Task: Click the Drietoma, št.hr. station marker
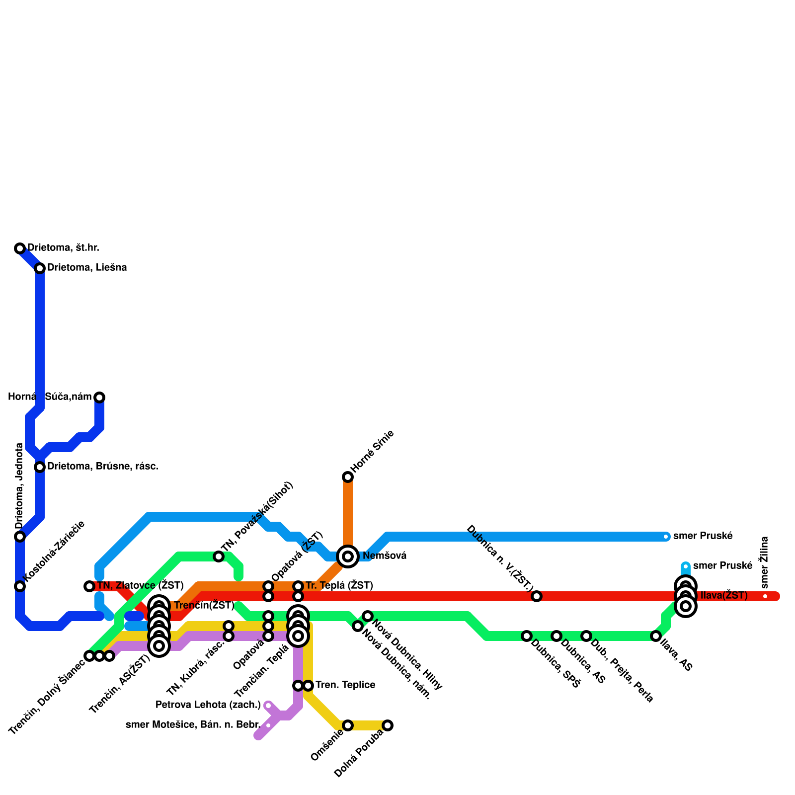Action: [x=20, y=248]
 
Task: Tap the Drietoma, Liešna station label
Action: [x=87, y=268]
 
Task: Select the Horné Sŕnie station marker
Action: [x=348, y=477]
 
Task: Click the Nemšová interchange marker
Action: [x=348, y=556]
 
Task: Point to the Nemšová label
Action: [x=385, y=556]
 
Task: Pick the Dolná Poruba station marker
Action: [x=388, y=725]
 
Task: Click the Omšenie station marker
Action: [x=348, y=725]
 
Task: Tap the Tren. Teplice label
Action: [x=345, y=686]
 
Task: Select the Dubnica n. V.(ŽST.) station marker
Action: [x=537, y=596]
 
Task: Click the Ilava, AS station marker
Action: [x=656, y=636]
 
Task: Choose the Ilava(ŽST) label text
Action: [x=724, y=596]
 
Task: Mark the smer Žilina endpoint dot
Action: [x=765, y=596]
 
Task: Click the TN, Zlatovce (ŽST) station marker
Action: [x=89, y=586]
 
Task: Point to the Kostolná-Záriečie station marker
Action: [x=20, y=586]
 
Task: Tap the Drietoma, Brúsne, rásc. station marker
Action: [x=40, y=467]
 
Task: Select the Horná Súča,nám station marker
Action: [x=99, y=397]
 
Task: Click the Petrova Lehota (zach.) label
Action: [x=208, y=705]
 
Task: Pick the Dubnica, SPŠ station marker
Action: [x=527, y=636]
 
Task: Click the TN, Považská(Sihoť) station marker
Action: [x=219, y=556]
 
